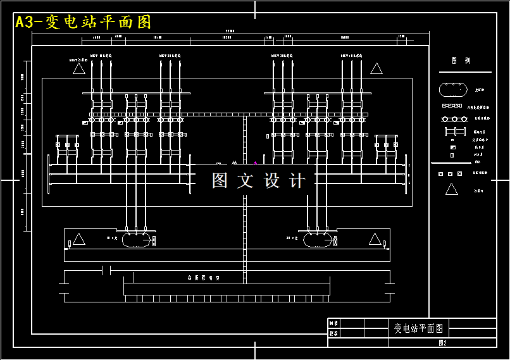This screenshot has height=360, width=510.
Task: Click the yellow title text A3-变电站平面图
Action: coord(84,22)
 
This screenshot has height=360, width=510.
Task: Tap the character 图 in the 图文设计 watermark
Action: coord(220,181)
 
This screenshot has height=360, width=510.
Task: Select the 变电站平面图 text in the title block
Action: coord(419,328)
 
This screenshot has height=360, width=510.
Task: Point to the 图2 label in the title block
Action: coord(442,343)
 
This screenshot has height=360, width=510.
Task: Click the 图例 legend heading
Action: coord(461,61)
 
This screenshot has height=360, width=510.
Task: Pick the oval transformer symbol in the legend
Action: coord(452,90)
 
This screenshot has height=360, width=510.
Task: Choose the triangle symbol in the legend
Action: coord(451,189)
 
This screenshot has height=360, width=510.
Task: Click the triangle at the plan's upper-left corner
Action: coord(79,68)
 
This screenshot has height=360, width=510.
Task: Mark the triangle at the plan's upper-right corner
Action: coord(376,68)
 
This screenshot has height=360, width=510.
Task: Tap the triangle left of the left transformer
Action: coord(79,239)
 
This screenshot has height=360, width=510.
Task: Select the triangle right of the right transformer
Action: coord(375,239)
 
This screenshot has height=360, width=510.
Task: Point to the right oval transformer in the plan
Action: coord(317,239)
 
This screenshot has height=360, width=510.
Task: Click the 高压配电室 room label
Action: coord(203,278)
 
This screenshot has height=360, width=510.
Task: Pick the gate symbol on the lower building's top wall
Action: coord(106,271)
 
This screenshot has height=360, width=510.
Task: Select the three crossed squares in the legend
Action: coord(450,173)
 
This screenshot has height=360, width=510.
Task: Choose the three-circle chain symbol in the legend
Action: coord(452,119)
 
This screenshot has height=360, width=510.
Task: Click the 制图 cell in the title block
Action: coord(333,324)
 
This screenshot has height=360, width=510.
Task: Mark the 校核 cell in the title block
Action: coord(333,333)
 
